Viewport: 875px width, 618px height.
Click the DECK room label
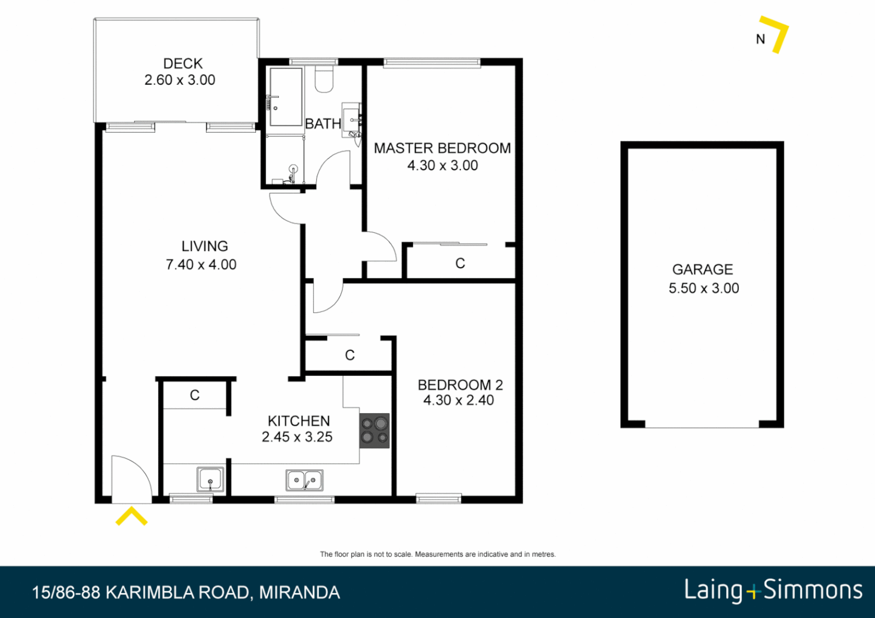(x=183, y=64)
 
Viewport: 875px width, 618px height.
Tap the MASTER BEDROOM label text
(x=442, y=148)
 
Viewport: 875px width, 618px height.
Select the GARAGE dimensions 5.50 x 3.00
(x=704, y=288)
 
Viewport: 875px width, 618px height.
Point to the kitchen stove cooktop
(x=375, y=431)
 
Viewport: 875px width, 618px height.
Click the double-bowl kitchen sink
(x=305, y=480)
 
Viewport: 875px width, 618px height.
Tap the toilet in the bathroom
(x=324, y=80)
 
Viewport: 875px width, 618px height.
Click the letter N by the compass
(x=760, y=39)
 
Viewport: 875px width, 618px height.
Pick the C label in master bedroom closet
(x=460, y=263)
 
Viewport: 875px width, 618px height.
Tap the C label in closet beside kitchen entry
(x=195, y=395)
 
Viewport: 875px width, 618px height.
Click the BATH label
(x=323, y=124)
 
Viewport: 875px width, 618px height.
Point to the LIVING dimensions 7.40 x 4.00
(x=201, y=264)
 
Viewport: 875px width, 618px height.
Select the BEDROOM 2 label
(x=460, y=385)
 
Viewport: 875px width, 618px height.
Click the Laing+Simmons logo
(x=773, y=591)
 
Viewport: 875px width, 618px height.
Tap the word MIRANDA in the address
(x=299, y=592)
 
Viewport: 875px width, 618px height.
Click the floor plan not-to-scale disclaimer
(x=437, y=554)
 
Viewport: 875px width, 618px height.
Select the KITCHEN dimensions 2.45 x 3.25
(x=297, y=437)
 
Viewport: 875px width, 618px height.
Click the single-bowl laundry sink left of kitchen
(x=210, y=480)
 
